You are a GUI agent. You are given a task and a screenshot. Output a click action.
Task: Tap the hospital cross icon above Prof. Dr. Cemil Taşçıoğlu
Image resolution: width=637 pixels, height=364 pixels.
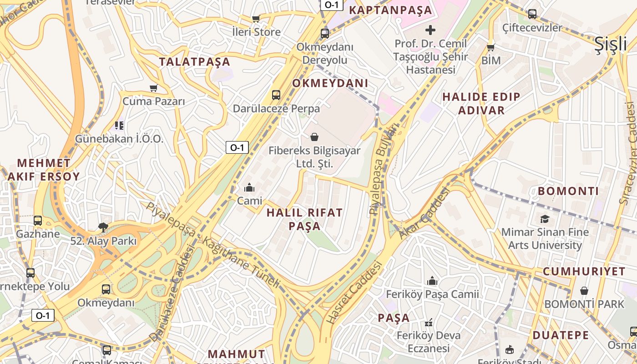point(430,30)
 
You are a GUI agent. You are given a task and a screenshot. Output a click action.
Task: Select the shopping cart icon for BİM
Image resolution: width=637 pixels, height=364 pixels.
point(490,47)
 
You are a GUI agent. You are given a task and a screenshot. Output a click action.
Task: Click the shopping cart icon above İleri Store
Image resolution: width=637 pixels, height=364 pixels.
point(256,19)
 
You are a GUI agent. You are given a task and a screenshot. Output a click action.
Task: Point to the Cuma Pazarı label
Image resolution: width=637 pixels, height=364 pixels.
point(154,101)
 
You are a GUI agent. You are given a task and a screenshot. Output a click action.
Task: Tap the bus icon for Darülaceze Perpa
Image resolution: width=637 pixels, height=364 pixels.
point(276,95)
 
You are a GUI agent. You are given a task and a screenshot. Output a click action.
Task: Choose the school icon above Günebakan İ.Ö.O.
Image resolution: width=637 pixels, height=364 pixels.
point(119,125)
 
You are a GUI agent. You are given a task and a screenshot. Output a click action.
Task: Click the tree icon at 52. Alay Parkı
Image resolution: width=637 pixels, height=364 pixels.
point(104,227)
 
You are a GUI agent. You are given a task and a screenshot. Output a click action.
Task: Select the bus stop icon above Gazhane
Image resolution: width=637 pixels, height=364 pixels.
point(38,221)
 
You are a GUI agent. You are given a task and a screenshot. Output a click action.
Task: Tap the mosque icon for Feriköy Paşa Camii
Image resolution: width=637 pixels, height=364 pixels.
point(432,281)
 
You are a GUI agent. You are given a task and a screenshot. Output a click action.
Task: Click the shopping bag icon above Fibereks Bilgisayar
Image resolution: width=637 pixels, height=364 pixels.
point(314,137)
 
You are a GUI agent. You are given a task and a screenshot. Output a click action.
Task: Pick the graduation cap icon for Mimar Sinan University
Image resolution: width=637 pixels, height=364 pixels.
point(545,219)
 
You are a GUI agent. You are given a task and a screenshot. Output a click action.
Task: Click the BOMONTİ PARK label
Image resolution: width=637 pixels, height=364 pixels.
point(584,304)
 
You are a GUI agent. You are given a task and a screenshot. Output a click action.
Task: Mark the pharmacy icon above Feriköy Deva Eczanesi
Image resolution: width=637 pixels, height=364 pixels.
point(429,323)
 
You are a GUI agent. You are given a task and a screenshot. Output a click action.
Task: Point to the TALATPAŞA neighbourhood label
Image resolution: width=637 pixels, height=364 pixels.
point(194,62)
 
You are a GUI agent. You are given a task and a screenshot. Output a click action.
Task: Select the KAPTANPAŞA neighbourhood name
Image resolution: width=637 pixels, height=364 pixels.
point(390,10)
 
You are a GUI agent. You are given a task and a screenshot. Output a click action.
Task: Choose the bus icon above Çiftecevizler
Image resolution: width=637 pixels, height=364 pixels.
point(532,14)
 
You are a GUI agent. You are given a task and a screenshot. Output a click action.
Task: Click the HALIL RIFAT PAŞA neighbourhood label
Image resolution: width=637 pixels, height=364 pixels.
point(304,219)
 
